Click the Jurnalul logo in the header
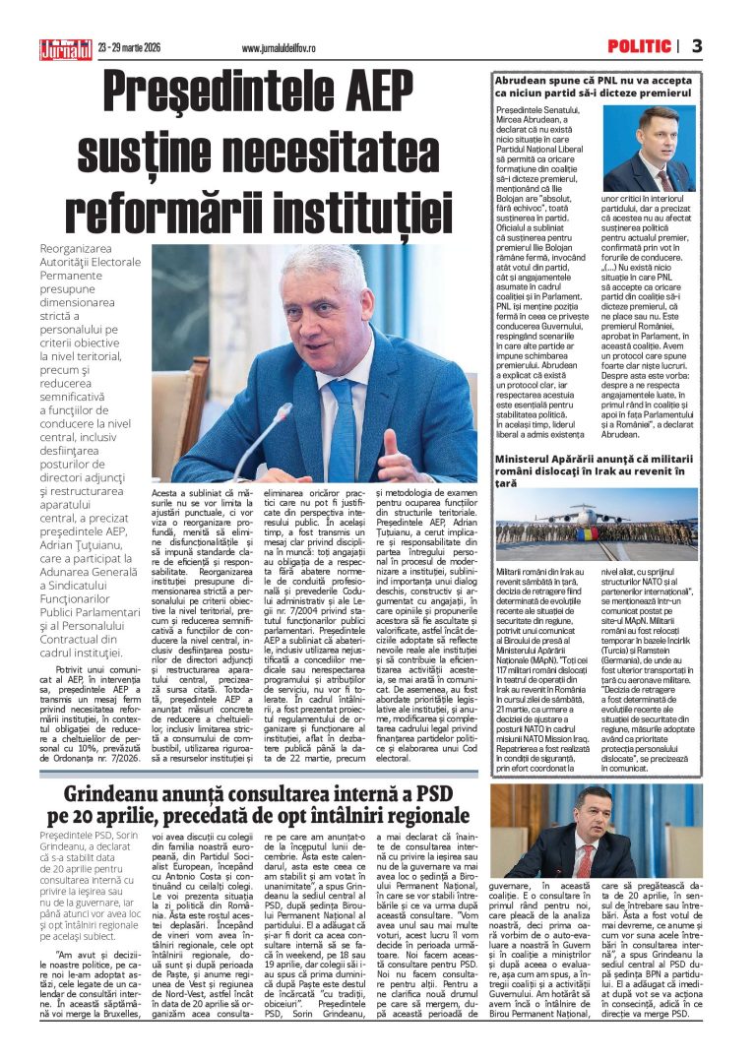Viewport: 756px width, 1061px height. (65, 47)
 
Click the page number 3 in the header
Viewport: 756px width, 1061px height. (697, 46)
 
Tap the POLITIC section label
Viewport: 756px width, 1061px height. (638, 46)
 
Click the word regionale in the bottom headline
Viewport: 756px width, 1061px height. (418, 816)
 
